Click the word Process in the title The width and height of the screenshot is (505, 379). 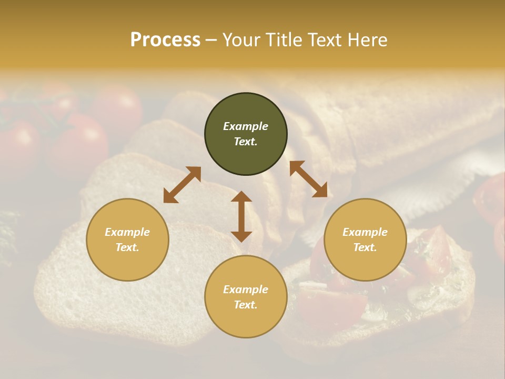tap(165, 39)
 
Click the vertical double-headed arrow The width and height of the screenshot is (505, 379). tap(241, 216)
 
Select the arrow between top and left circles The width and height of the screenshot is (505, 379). tap(182, 185)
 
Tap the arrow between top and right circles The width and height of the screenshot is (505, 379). tap(308, 179)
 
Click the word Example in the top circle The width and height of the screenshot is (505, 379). tap(246, 126)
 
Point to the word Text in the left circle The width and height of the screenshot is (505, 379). tap(127, 247)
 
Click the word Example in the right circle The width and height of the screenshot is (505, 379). tap(365, 232)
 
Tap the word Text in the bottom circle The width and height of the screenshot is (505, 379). tap(246, 305)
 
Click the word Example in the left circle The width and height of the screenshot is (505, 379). tap(127, 232)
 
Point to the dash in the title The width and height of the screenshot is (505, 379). tap(211, 40)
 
